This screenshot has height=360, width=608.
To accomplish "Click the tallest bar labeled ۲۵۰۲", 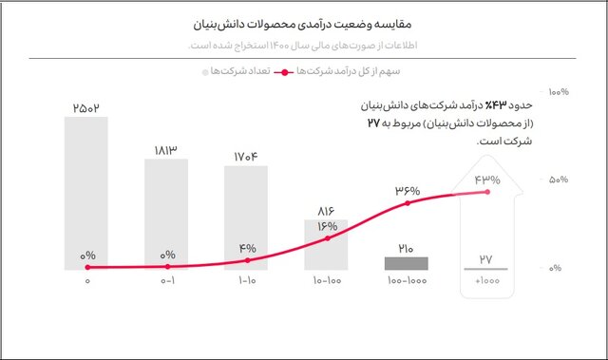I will click(86, 190).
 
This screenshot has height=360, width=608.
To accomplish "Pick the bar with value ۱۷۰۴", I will click(246, 217).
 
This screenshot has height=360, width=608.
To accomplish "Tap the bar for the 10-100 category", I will click(326, 244).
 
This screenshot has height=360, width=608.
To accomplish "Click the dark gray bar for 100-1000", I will click(407, 262).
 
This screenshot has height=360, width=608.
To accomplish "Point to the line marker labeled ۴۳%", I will click(487, 192).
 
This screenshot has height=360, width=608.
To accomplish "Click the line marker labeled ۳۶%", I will click(408, 203).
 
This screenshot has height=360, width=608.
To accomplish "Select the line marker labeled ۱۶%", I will click(327, 237).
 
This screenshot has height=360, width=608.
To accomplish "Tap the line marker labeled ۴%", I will click(247, 260).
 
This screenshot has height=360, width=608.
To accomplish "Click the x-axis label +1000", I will click(486, 282).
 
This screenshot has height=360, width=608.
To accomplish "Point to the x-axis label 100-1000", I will click(407, 282).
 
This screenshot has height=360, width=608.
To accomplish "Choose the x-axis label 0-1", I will click(167, 282).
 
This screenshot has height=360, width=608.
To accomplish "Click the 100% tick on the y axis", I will click(559, 92).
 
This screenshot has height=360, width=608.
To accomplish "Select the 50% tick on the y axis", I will click(559, 180).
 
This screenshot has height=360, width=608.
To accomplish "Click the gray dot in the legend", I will click(205, 71).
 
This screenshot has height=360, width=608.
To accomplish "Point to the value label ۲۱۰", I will click(407, 248).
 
